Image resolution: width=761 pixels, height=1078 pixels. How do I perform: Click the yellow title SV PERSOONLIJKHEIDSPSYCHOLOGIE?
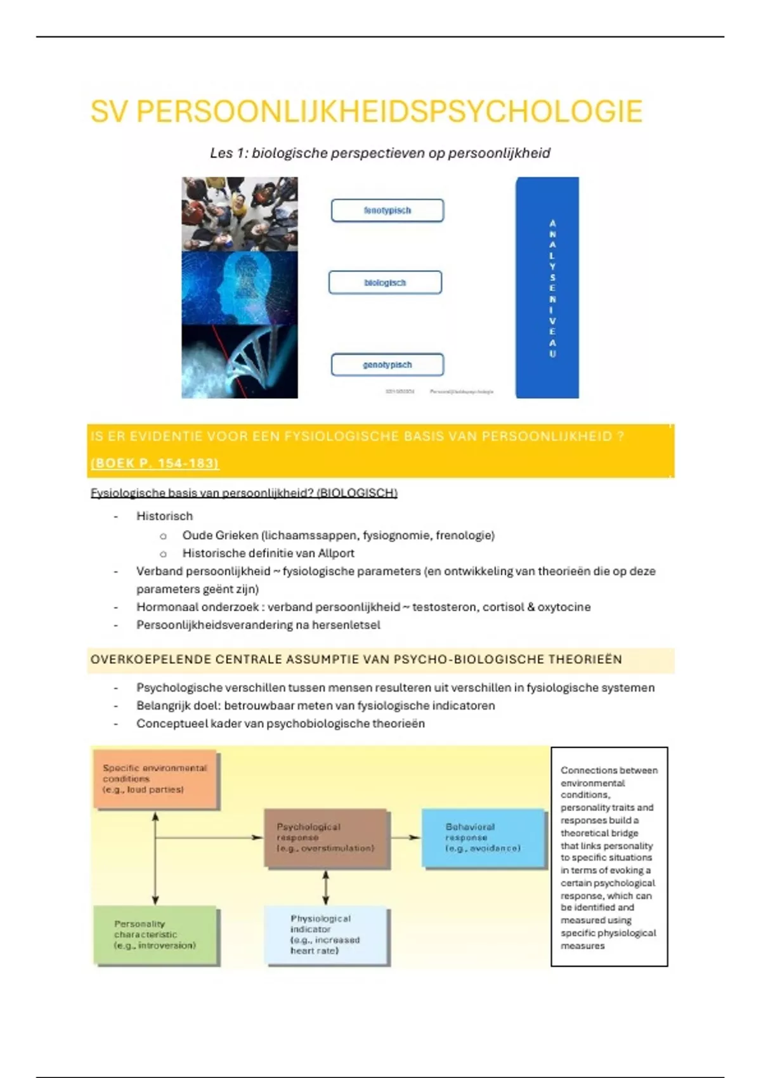(366, 112)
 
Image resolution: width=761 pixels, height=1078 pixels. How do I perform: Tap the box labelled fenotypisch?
(387, 211)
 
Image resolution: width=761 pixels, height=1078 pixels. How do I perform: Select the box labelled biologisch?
(385, 283)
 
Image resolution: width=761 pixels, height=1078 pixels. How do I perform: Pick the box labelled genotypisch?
(387, 365)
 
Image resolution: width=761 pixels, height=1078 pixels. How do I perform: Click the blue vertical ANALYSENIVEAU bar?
(547, 287)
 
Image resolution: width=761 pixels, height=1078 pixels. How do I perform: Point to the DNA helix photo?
(240, 361)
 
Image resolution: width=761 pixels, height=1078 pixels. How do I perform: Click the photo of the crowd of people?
(240, 214)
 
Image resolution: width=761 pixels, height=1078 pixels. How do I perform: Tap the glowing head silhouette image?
(240, 288)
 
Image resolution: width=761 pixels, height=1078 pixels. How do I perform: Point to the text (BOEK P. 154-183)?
(155, 463)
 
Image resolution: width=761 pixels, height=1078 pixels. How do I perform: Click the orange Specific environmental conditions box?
(155, 779)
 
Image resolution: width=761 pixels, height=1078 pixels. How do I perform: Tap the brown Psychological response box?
(326, 838)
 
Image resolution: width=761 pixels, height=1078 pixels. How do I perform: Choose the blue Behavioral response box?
(483, 838)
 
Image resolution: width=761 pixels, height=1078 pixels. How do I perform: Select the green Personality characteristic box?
(155, 935)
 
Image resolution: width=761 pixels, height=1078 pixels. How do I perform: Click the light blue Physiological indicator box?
(326, 935)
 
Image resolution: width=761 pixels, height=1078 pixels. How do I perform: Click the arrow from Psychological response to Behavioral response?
(406, 838)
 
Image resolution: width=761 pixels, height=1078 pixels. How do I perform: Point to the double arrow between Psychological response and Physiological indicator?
(326, 887)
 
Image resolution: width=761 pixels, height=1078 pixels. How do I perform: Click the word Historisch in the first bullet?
(164, 516)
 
